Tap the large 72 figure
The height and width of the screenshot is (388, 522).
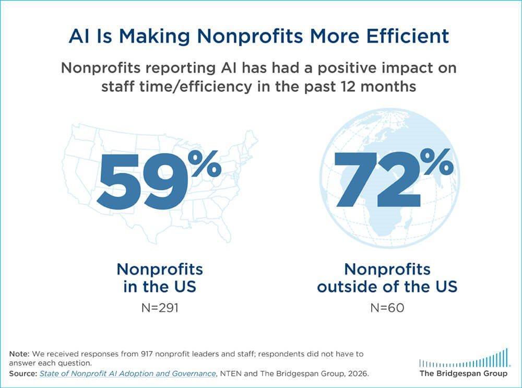tap(378, 180)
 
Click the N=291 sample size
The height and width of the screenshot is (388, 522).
tap(160, 308)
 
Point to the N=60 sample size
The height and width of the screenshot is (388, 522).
tap(387, 308)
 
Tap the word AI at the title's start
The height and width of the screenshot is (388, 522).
tap(79, 36)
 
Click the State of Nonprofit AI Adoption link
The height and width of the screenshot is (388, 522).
tap(127, 374)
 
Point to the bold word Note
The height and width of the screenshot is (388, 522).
tap(19, 354)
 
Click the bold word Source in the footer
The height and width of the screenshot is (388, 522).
tap(23, 374)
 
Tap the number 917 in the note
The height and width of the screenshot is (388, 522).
tap(147, 354)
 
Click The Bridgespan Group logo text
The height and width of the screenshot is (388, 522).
tap(464, 373)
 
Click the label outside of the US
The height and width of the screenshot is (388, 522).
tap(387, 287)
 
